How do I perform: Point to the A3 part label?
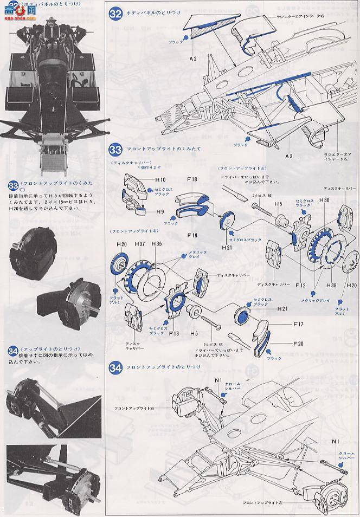coord(289,156)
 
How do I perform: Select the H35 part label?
coord(156,244)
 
